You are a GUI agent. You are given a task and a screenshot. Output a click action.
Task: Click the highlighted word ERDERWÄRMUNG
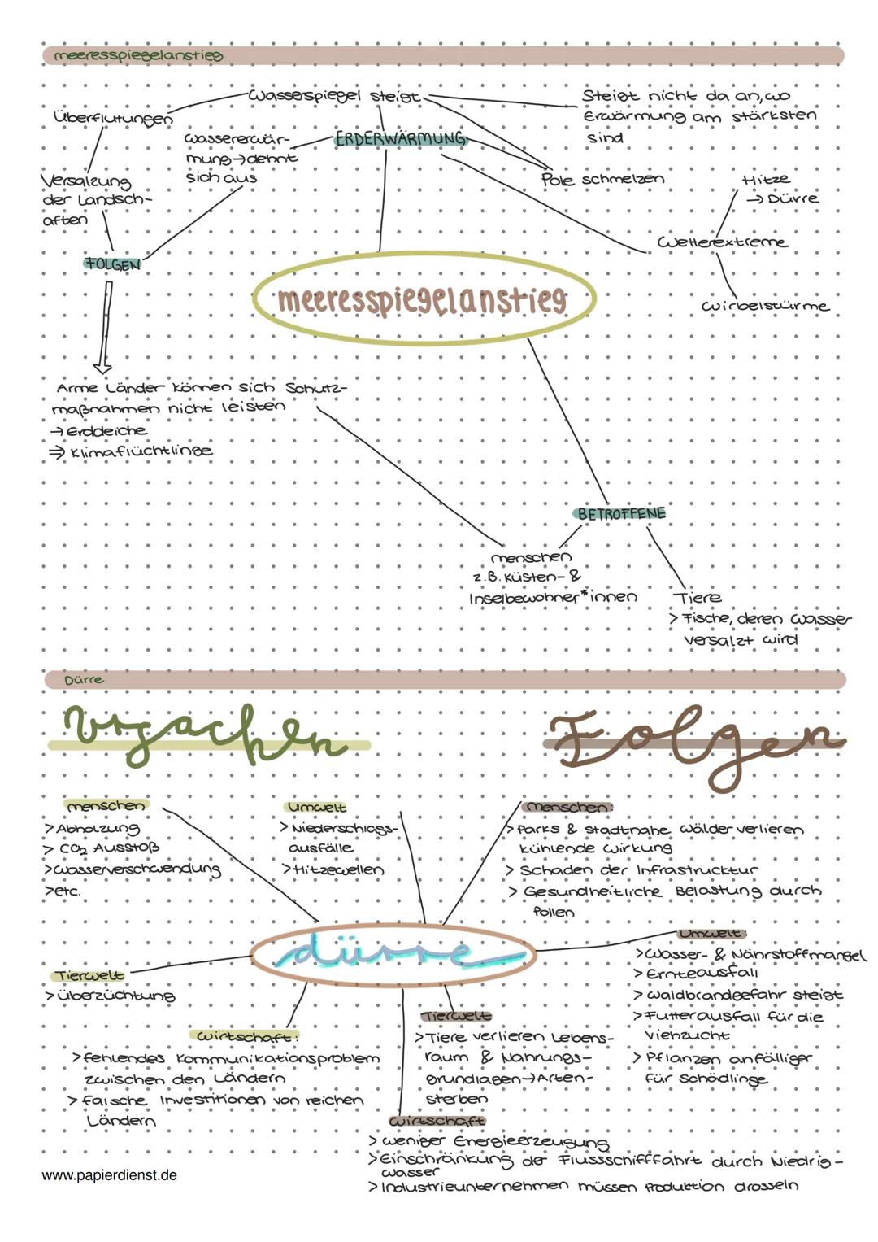(x=400, y=138)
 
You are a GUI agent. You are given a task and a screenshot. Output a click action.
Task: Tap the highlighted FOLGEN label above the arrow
(x=112, y=264)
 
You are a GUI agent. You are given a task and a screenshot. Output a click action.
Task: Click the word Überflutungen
(x=113, y=118)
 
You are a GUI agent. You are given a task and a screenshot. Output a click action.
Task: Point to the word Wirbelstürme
(x=765, y=306)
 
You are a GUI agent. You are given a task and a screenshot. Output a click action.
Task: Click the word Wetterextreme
(x=722, y=242)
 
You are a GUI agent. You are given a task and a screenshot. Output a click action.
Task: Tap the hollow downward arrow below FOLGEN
(x=105, y=327)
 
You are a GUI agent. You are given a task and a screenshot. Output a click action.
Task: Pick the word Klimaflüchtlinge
(x=141, y=451)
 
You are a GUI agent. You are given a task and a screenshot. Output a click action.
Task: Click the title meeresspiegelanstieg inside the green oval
(x=423, y=299)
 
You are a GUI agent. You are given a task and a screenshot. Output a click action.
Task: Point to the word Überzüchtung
(x=116, y=996)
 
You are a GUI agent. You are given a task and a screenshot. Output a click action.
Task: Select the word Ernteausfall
(x=702, y=974)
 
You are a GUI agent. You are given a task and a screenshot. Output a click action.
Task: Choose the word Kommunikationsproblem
(x=278, y=1058)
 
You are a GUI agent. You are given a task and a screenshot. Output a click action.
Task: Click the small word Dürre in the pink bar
(x=84, y=680)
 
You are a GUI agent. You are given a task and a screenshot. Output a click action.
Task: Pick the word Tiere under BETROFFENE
(x=698, y=597)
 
